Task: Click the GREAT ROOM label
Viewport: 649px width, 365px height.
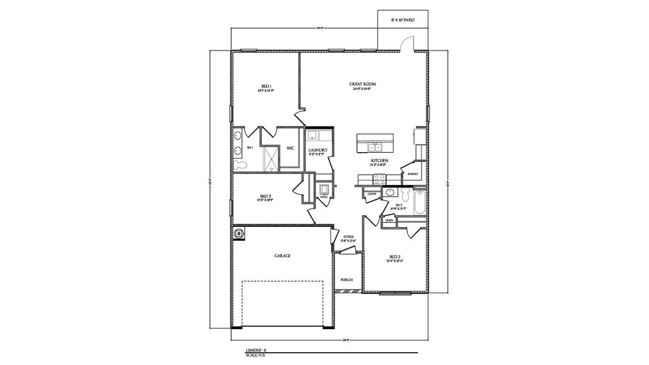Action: coord(361,84)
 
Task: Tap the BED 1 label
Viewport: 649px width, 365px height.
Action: coord(266,86)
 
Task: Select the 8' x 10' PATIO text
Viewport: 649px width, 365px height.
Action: coord(403,20)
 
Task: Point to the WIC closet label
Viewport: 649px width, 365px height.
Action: coord(291,148)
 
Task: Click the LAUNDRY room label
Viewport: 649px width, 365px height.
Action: coord(318,150)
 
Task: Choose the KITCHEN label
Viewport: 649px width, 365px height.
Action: coord(380,161)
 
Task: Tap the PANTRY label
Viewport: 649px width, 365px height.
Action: coord(412,174)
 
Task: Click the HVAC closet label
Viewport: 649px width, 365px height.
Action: coord(324,197)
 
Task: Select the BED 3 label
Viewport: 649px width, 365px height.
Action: coord(265,195)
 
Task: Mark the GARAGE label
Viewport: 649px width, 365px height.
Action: coord(282,256)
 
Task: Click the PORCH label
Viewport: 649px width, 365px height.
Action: coord(347,280)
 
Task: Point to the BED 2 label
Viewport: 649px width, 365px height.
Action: coord(395,257)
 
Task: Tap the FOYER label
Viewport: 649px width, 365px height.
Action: coord(348,237)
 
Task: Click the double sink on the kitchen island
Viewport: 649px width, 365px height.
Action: coord(374,147)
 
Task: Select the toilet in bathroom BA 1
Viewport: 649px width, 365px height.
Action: coord(241,165)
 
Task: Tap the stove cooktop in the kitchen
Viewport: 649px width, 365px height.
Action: coord(380,178)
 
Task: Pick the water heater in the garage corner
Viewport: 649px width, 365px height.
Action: coord(239,232)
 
